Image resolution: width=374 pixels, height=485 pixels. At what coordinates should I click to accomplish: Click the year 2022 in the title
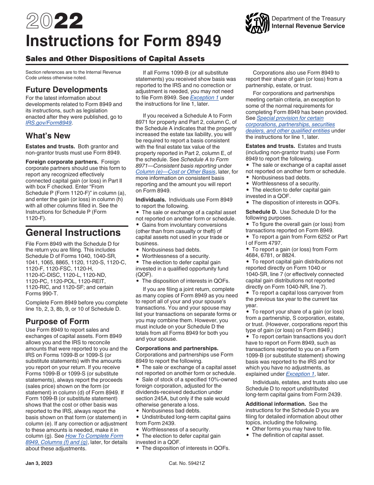(x=54, y=22)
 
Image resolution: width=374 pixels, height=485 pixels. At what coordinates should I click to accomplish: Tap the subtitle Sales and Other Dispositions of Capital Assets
(x=115, y=59)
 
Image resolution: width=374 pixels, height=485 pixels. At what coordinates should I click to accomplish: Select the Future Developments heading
(x=67, y=90)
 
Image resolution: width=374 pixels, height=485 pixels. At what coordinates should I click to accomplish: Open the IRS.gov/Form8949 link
(x=48, y=123)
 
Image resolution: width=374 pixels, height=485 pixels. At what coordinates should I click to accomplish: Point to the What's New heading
(x=48, y=136)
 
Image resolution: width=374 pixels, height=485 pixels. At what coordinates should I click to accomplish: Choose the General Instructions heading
(x=73, y=232)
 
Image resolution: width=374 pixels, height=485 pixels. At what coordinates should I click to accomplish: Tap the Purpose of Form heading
(x=57, y=321)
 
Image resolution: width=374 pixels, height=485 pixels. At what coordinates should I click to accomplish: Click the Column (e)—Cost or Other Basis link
(x=175, y=172)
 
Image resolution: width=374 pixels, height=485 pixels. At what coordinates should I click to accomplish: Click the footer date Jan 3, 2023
(x=39, y=463)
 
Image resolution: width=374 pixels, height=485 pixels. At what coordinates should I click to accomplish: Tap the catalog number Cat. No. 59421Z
(x=187, y=463)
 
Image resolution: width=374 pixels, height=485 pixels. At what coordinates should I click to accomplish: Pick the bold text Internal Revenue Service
(x=308, y=26)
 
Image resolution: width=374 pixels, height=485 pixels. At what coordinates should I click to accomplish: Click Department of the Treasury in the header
(x=308, y=19)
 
